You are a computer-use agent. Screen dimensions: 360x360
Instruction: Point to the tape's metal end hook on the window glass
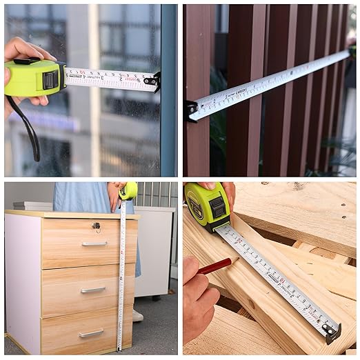(x=155, y=82)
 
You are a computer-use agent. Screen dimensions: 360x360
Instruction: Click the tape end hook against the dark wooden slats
(x=190, y=110)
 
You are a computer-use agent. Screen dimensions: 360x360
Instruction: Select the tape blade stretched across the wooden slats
(x=269, y=81)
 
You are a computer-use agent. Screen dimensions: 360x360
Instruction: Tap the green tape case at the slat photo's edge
(x=352, y=50)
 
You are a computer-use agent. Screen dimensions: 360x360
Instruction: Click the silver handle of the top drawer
(x=94, y=243)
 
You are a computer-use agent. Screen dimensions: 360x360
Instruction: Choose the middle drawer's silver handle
(x=92, y=290)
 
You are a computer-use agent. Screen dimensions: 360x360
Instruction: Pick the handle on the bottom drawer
(x=91, y=333)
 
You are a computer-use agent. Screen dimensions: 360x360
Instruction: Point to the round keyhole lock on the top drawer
(x=96, y=226)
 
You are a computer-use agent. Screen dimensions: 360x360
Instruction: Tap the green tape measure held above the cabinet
(x=128, y=191)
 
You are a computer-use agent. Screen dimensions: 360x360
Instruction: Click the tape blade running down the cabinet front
(x=122, y=276)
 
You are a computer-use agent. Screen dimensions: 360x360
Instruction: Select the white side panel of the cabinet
(x=22, y=283)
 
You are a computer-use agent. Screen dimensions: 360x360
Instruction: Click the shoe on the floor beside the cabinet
(x=138, y=315)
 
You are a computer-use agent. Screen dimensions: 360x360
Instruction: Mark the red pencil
(x=216, y=266)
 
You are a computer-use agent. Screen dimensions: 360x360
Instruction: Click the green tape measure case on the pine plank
(x=207, y=205)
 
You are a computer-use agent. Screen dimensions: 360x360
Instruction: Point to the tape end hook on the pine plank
(x=332, y=333)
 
